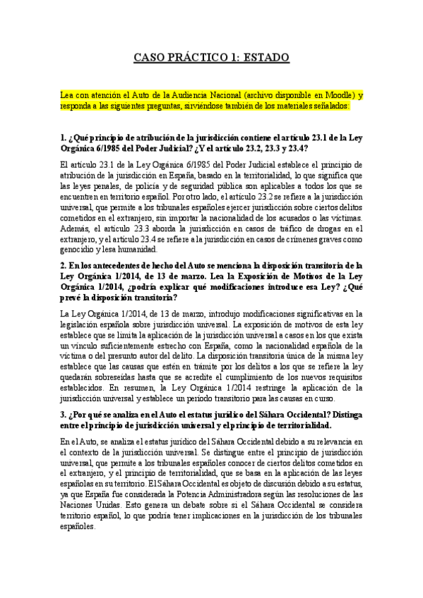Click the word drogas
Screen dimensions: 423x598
pyautogui.click(x=302, y=228)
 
